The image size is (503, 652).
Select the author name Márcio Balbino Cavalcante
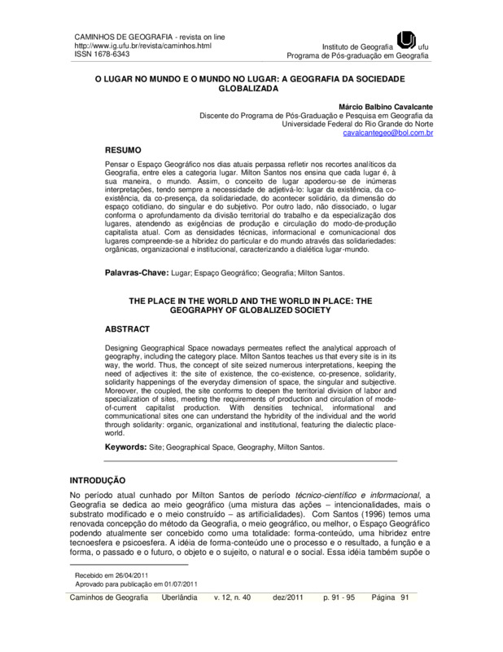click(385, 106)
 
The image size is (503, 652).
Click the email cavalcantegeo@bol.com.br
click(389, 132)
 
